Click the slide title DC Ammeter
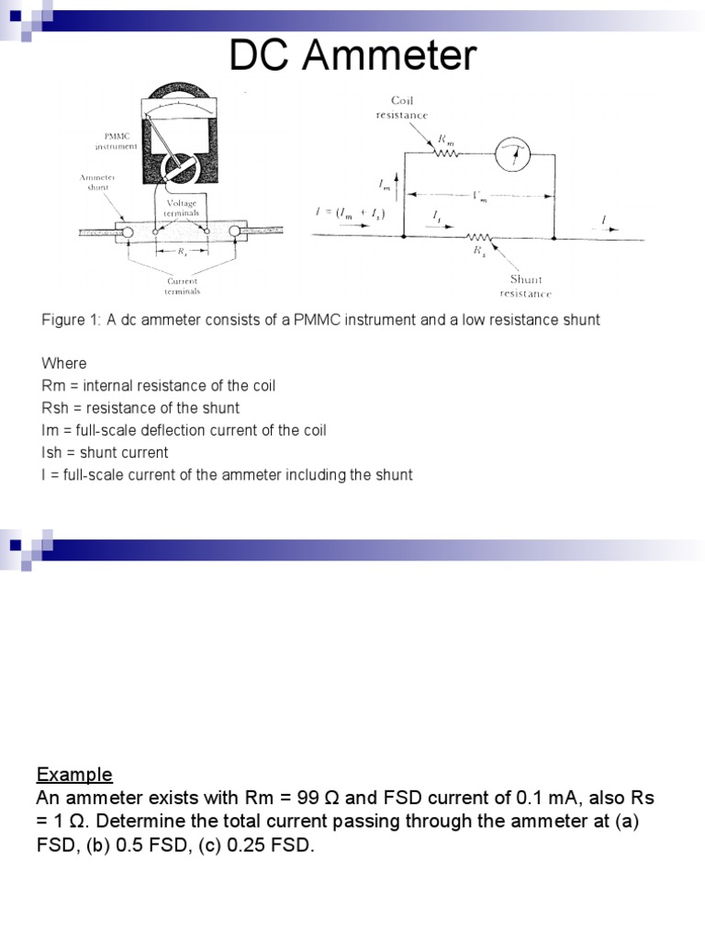click(352, 57)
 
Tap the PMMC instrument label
click(116, 141)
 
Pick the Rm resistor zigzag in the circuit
click(446, 154)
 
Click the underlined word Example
click(74, 774)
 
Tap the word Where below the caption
click(64, 363)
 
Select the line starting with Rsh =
click(140, 408)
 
